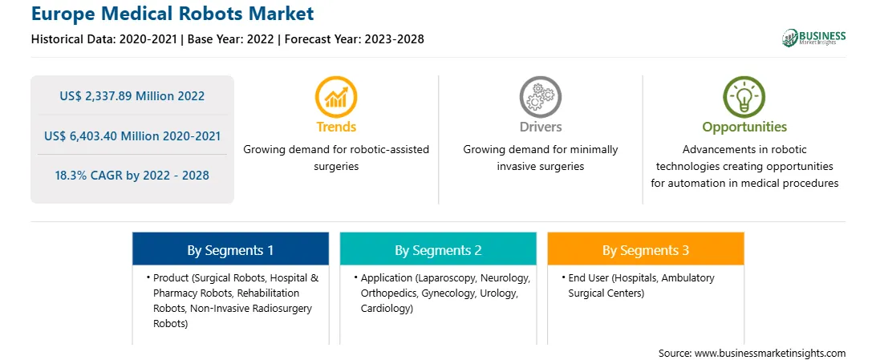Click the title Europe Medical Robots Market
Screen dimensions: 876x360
pyautogui.click(x=172, y=14)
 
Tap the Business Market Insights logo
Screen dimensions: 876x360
pyautogui.click(x=813, y=38)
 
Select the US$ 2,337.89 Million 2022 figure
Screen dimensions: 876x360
pyautogui.click(x=132, y=96)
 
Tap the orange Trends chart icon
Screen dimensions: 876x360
pyautogui.click(x=336, y=97)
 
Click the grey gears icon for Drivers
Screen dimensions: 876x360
pyautogui.click(x=540, y=97)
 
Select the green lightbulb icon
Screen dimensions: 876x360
pyautogui.click(x=744, y=97)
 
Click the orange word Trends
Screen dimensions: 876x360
pyautogui.click(x=336, y=127)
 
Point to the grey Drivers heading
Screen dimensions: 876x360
pyautogui.click(x=540, y=127)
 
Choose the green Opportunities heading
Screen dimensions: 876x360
pyautogui.click(x=744, y=127)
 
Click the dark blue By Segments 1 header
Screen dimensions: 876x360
pyautogui.click(x=231, y=250)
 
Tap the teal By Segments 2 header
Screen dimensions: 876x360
pyautogui.click(x=438, y=250)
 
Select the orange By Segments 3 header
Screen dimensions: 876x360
pyautogui.click(x=646, y=250)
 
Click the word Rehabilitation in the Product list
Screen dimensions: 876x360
pyautogui.click(x=273, y=293)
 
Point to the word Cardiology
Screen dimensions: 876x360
pyautogui.click(x=387, y=309)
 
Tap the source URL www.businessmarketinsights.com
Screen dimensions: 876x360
pyautogui.click(x=770, y=354)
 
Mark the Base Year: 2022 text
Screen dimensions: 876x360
pyautogui.click(x=231, y=39)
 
